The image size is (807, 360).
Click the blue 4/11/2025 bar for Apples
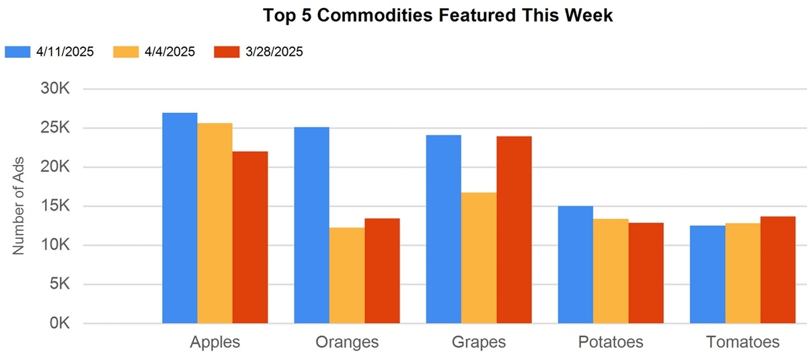point(180,218)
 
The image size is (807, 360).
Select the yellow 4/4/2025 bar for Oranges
point(346,275)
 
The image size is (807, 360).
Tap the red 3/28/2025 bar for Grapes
point(514,229)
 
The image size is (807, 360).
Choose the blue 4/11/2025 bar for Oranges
point(311,225)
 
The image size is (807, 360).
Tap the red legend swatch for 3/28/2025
point(225,52)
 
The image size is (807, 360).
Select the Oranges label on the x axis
point(346,342)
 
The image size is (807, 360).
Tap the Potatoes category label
point(610,342)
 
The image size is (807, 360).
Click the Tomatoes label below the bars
point(742,342)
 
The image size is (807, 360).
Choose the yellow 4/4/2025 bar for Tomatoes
point(742,273)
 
